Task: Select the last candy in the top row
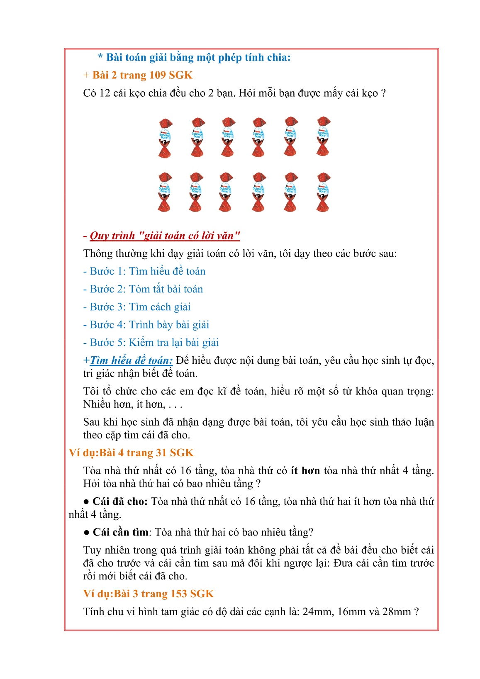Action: coord(323,136)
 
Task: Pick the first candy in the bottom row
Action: coord(165,192)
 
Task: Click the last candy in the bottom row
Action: coord(323,192)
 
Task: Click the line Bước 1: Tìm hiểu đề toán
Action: coord(144,272)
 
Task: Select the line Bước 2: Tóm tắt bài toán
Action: coord(143,290)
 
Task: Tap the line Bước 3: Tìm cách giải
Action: coord(137,307)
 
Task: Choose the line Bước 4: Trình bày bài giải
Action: coord(146,325)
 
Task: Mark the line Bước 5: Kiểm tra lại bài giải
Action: coord(151,343)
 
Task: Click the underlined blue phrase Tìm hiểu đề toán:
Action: coord(131,361)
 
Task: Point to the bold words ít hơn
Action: coord(305,471)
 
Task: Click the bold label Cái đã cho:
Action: coord(120,502)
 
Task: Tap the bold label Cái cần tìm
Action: coord(120,533)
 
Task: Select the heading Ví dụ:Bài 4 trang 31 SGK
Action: coord(132,453)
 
